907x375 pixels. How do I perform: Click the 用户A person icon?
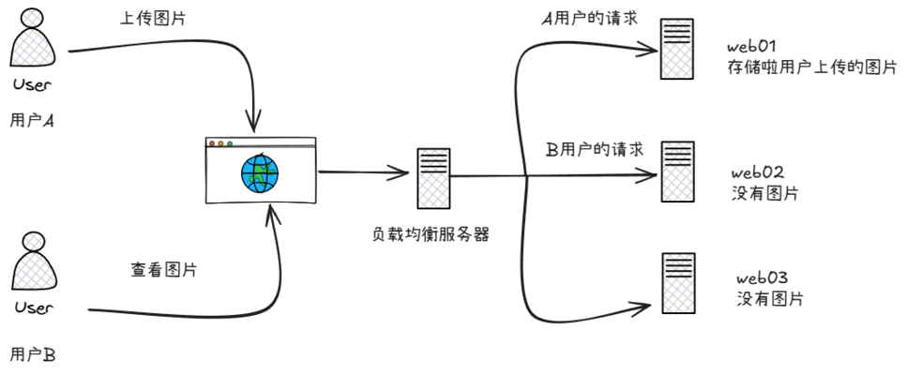(x=33, y=43)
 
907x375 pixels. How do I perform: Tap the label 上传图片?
(x=147, y=20)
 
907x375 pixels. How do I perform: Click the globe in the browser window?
(x=260, y=172)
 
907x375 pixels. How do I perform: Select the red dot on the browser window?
(x=212, y=143)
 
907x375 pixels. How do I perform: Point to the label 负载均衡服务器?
(x=432, y=233)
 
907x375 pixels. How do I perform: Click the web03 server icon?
(x=677, y=282)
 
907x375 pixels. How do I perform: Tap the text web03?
(x=761, y=278)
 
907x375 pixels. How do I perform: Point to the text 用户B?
(x=33, y=354)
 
